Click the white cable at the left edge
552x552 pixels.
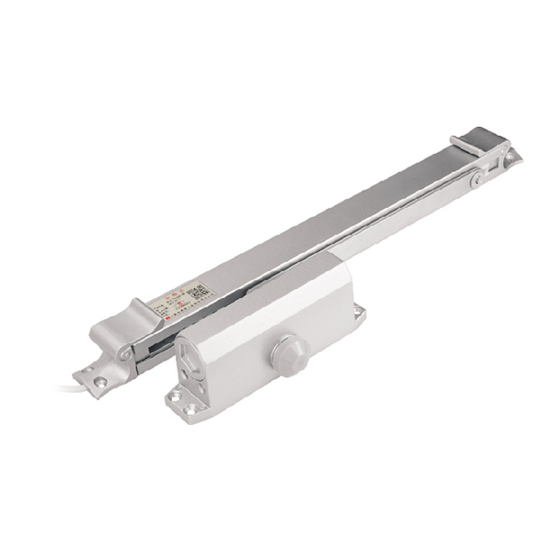pos(69,388)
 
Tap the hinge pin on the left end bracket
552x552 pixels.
pos(123,353)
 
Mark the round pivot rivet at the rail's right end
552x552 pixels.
pos(475,180)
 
